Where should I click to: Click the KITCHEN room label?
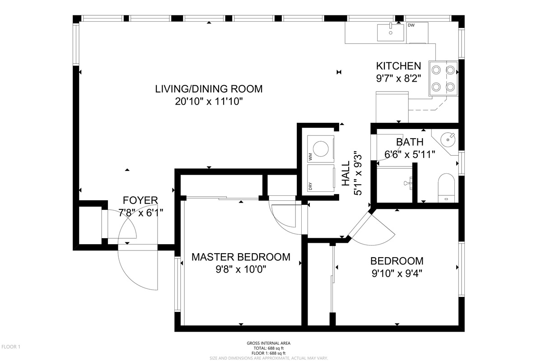pos(398,66)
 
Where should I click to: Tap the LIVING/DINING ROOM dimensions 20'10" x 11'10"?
pos(209,101)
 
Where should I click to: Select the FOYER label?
pos(140,200)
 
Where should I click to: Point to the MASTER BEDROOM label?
pos(241,257)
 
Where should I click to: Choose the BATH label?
pos(410,142)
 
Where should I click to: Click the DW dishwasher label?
pos(411,25)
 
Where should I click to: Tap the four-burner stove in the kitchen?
pos(443,78)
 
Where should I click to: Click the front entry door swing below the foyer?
pos(135,268)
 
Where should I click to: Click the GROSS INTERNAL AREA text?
pos(268,343)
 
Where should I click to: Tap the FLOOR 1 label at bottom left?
pos(11,347)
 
